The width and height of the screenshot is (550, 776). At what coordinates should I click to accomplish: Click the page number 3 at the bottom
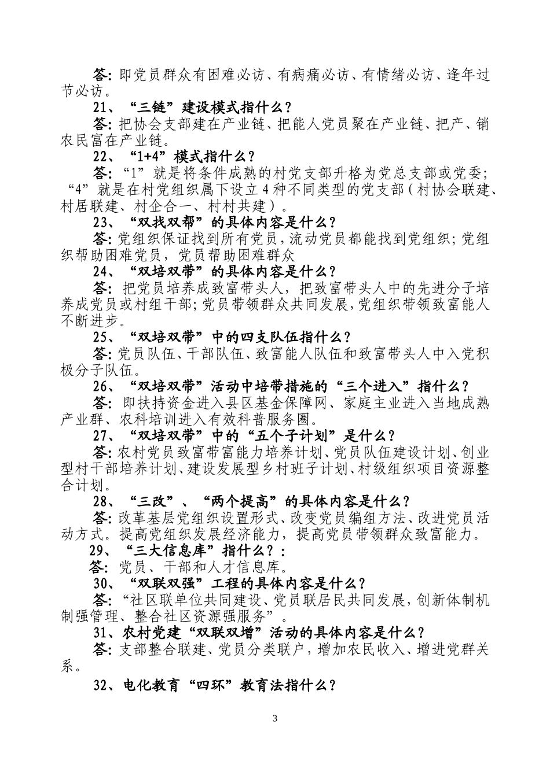275,719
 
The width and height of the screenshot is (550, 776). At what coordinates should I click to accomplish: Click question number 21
101,107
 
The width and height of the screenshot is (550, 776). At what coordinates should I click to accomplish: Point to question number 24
101,271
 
